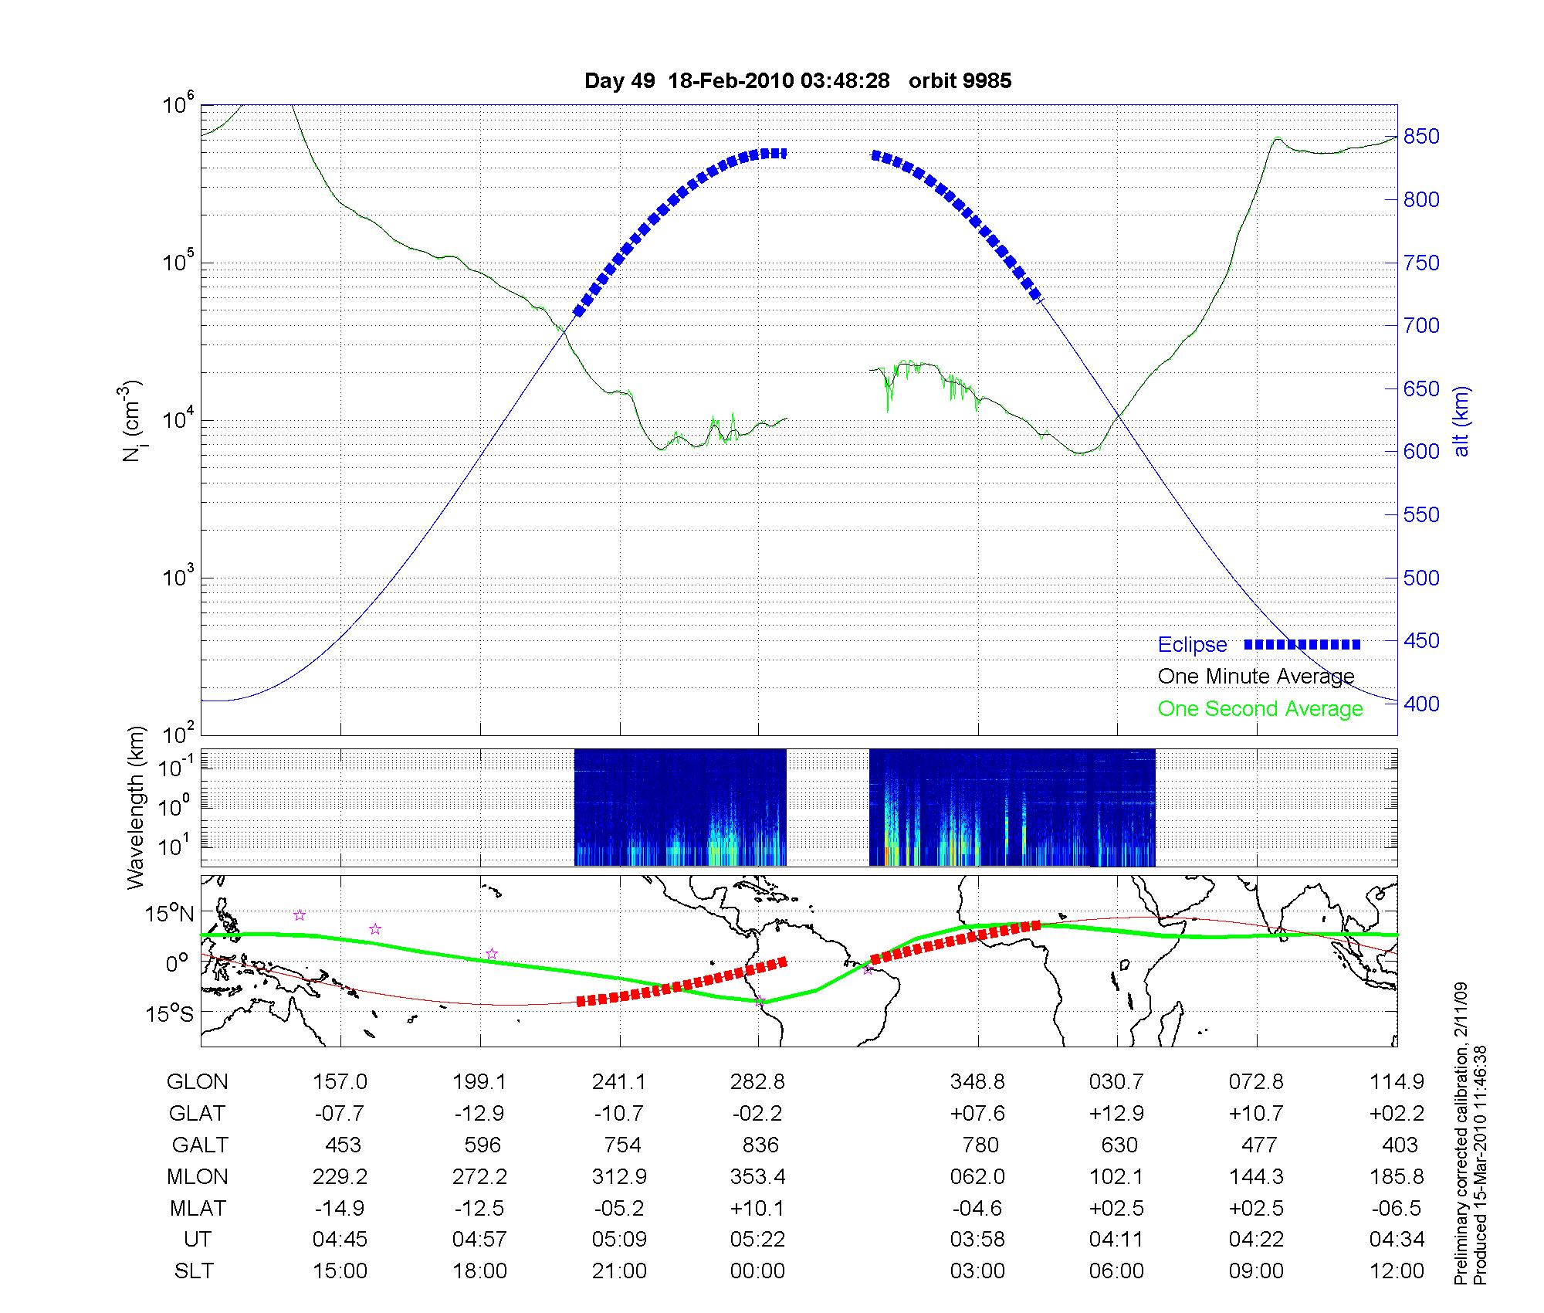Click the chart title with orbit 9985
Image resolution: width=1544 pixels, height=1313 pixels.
point(797,81)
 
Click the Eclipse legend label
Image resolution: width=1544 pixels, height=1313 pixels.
point(1192,645)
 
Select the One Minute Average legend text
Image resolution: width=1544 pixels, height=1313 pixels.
point(1256,677)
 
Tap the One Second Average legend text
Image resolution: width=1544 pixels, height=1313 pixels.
point(1260,709)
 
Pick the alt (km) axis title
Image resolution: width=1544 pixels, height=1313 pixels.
point(1461,421)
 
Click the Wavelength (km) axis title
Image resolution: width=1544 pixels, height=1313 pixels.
point(136,807)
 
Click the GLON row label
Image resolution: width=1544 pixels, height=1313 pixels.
point(198,1082)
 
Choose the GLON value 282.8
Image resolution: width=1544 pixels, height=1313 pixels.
point(758,1082)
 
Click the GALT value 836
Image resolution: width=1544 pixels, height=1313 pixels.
point(760,1145)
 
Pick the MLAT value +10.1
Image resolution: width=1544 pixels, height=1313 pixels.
point(758,1208)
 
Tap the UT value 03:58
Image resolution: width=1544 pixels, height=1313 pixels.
point(977,1240)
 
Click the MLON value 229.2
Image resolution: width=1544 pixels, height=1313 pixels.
point(340,1176)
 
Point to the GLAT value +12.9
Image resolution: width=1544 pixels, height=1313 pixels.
point(1117,1113)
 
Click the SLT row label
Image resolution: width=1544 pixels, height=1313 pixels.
point(194,1271)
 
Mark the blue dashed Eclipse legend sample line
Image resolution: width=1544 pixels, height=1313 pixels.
point(1302,644)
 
